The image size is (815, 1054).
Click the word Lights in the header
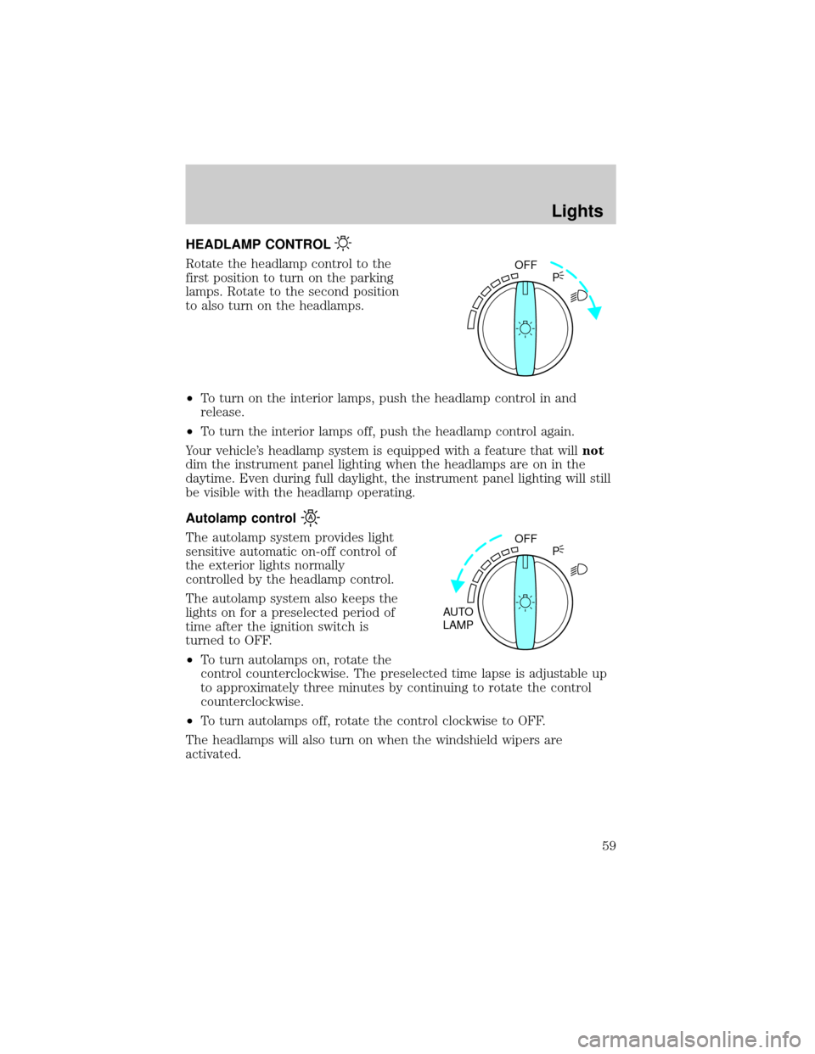(x=576, y=210)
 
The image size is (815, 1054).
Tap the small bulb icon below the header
(x=343, y=244)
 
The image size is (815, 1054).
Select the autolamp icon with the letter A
(x=312, y=516)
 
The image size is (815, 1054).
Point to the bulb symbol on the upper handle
(x=526, y=328)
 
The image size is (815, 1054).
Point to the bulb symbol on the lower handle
(x=526, y=602)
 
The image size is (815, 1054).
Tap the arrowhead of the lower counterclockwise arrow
(x=457, y=587)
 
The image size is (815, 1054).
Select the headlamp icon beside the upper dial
(x=576, y=296)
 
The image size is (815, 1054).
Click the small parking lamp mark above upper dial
(x=560, y=274)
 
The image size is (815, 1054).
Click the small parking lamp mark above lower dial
(x=560, y=547)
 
